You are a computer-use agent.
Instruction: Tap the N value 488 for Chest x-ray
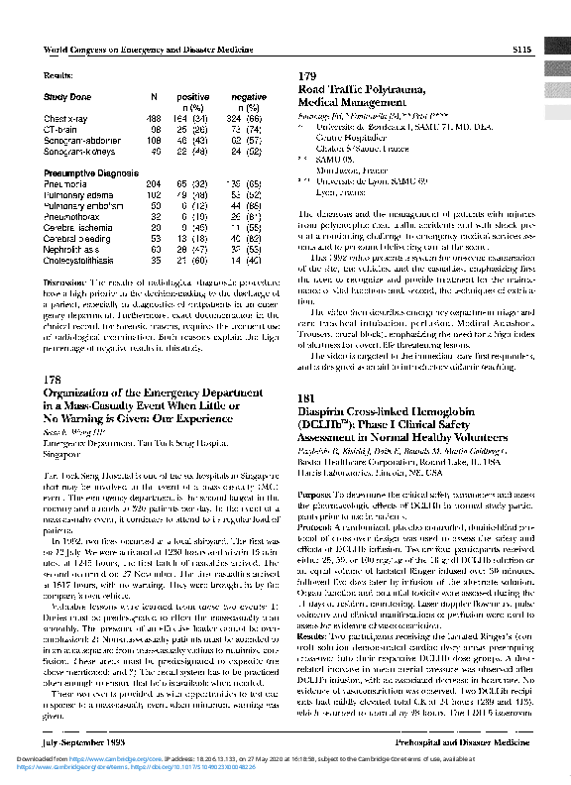click(154, 118)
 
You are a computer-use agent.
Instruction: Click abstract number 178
click(55, 352)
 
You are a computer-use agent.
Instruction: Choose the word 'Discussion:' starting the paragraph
click(64, 282)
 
